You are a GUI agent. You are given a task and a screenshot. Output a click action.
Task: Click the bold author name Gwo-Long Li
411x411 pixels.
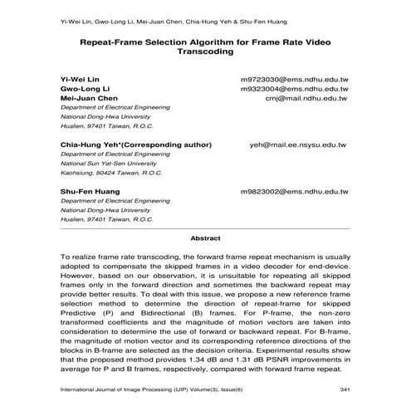click(x=81, y=87)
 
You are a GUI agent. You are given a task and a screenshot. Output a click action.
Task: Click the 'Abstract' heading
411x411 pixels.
click(x=205, y=238)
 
